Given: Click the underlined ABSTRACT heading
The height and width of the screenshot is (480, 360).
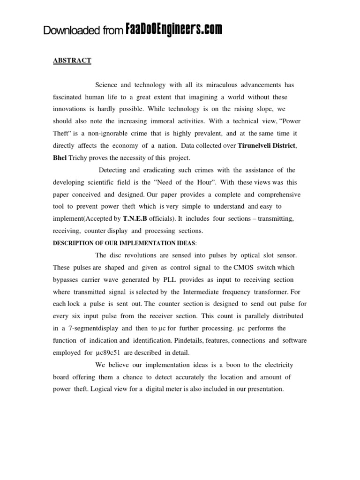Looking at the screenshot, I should pos(72,60).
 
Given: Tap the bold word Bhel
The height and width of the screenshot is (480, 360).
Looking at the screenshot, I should pos(60,158).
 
